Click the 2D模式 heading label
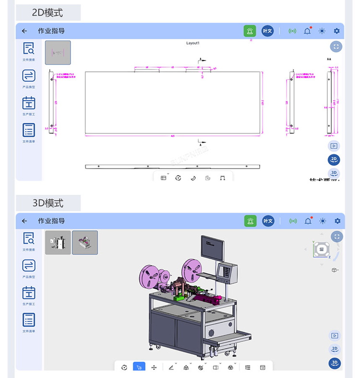click(48, 12)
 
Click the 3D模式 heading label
click(48, 203)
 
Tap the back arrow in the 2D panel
click(24, 31)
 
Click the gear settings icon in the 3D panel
click(337, 221)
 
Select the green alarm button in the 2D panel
click(250, 31)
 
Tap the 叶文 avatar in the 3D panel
click(267, 221)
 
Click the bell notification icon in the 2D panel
click(307, 31)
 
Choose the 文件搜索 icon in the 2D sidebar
click(29, 49)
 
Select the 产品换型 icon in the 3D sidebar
click(29, 266)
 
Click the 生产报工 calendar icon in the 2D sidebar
click(29, 103)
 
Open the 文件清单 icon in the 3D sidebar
click(29, 320)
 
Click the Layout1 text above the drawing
click(192, 43)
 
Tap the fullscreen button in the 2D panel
click(336, 47)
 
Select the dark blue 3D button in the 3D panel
click(335, 363)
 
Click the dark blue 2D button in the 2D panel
click(334, 159)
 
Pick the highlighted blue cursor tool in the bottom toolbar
click(139, 367)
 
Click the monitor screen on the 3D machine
click(212, 248)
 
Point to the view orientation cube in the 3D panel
click(321, 249)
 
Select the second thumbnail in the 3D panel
click(85, 243)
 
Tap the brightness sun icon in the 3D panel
click(322, 221)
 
